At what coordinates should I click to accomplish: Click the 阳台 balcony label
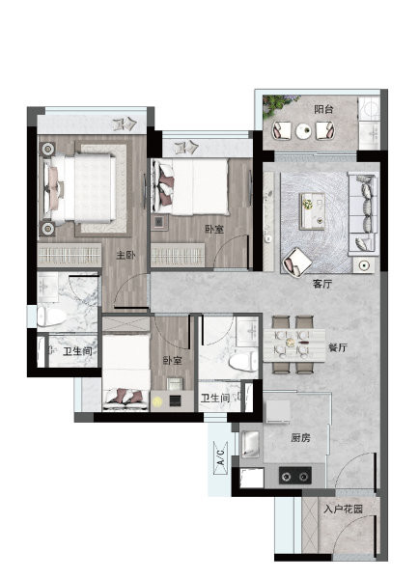coord(323,109)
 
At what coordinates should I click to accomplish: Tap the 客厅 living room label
coord(322,284)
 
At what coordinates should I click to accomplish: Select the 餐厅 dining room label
coord(338,347)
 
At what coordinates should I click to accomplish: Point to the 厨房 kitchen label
coord(300,438)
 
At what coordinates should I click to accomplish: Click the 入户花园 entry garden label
coord(344,510)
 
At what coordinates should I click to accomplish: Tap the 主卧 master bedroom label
coord(126,255)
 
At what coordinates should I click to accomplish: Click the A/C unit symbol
coord(220,457)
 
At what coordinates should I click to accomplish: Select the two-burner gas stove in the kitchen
coord(294,476)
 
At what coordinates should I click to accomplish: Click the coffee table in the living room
coord(312,210)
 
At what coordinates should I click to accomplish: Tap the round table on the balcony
coord(304,130)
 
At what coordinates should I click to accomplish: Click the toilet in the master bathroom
coord(52,317)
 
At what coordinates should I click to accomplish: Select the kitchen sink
coord(250,444)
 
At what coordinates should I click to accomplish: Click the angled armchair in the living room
coord(297,262)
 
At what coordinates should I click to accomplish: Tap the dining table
coord(294,345)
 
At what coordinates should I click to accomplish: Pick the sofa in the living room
coord(363,214)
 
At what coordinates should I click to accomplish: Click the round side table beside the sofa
coord(364,265)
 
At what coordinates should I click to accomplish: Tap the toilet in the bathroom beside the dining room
coord(242,360)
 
